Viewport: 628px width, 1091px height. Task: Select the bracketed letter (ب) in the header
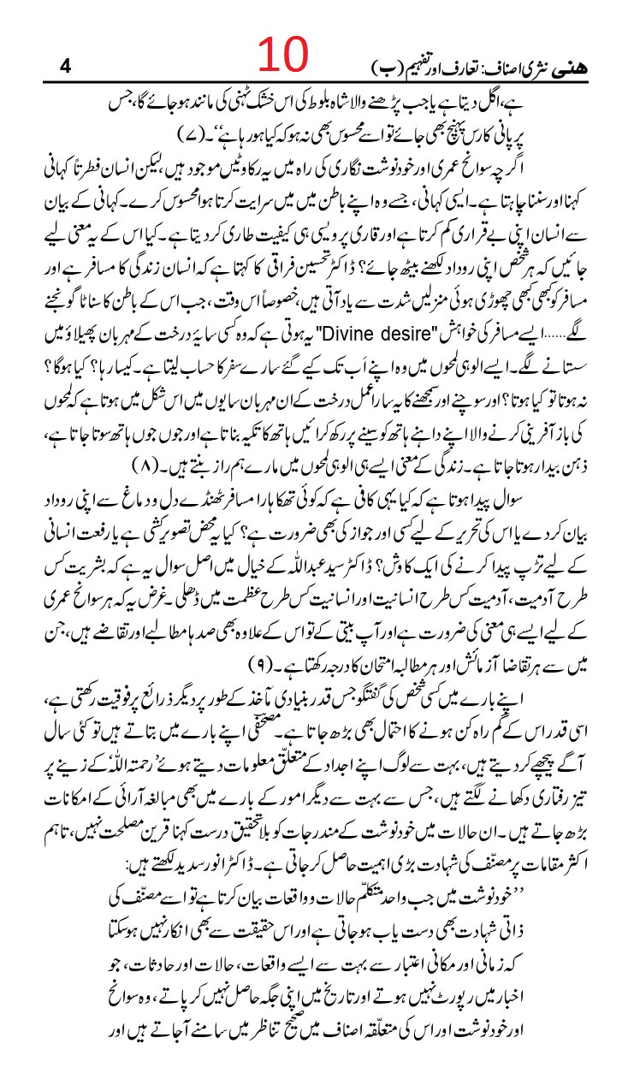click(x=387, y=66)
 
